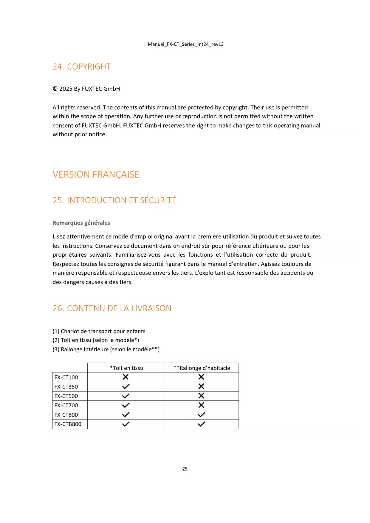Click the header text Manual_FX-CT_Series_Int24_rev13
[x=185, y=44]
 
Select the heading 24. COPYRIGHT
[x=82, y=66]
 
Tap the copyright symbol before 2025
[x=55, y=89]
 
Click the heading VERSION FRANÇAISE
[x=96, y=174]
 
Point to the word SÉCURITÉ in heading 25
[x=158, y=200]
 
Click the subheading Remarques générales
[x=81, y=223]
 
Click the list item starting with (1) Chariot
[x=99, y=331]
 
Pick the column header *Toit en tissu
[x=126, y=368]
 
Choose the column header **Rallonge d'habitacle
[x=202, y=368]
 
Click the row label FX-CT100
[x=66, y=377]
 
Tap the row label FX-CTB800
[x=68, y=424]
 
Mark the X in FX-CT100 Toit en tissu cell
[x=126, y=377]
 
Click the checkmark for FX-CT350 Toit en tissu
[x=126, y=386]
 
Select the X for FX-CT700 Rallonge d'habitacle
[x=201, y=405]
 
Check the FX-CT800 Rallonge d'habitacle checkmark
[x=201, y=414]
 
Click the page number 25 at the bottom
[x=185, y=469]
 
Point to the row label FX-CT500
[x=66, y=396]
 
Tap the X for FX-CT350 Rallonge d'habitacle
[x=201, y=386]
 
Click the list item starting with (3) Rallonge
[x=106, y=349]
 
